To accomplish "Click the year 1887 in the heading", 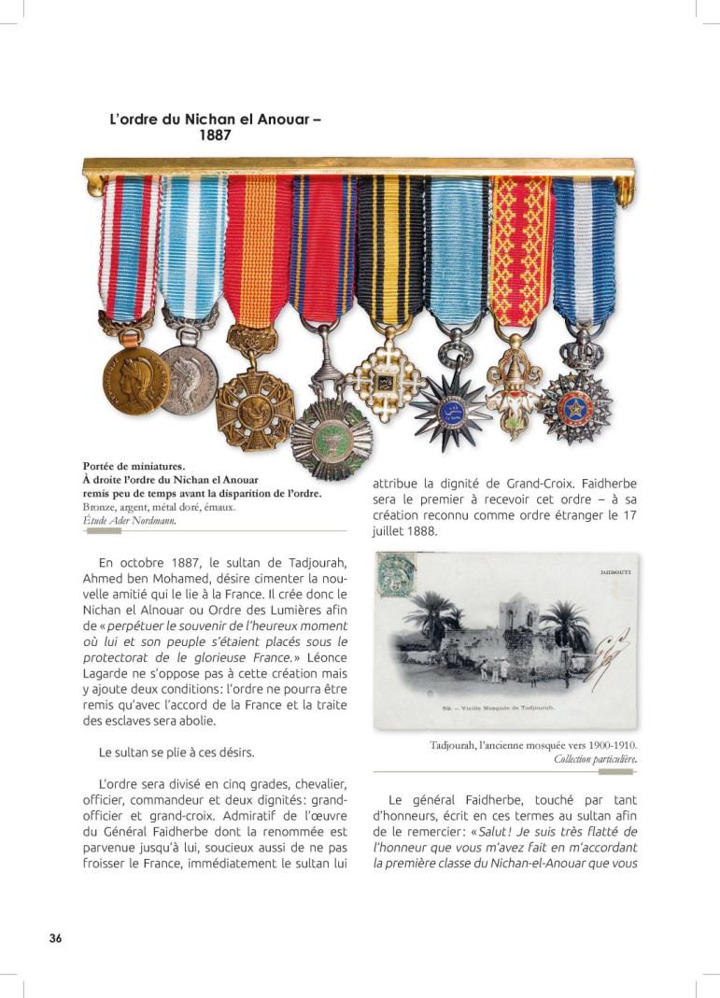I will click(215, 134).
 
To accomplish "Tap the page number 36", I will click(56, 938).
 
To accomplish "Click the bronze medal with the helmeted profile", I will click(135, 379).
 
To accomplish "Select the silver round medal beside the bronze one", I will click(187, 380).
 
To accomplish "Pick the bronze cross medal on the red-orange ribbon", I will click(255, 410).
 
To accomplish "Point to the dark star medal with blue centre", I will click(451, 410).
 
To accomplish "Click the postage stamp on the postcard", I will click(395, 576).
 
